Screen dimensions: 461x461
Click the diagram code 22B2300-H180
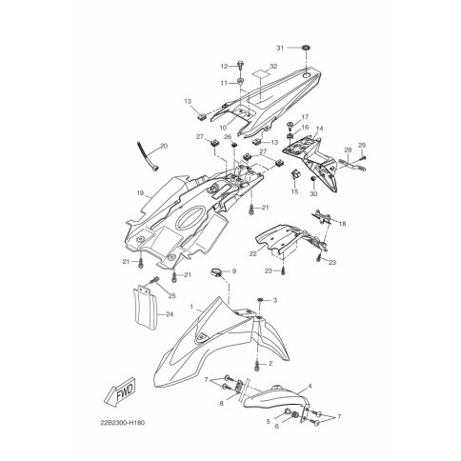pyautogui.click(x=123, y=423)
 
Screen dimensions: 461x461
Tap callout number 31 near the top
pyautogui.click(x=280, y=48)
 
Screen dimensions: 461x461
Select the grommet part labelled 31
pyautogui.click(x=306, y=48)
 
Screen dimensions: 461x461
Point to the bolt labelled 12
pyautogui.click(x=240, y=66)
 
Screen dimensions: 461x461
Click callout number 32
pyautogui.click(x=273, y=67)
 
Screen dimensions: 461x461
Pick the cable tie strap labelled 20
pyautogui.click(x=147, y=157)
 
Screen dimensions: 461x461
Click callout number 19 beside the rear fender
pyautogui.click(x=141, y=192)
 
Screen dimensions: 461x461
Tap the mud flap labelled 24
pyautogui.click(x=145, y=308)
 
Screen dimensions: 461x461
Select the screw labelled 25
pyautogui.click(x=154, y=280)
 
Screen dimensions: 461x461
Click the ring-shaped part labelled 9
pyautogui.click(x=217, y=271)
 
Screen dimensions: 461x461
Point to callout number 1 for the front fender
pyautogui.click(x=191, y=307)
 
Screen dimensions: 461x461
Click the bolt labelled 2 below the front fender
pyautogui.click(x=257, y=366)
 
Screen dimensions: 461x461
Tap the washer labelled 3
pyautogui.click(x=260, y=300)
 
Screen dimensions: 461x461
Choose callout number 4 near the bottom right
pyautogui.click(x=310, y=386)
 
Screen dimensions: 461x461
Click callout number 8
pyautogui.click(x=221, y=403)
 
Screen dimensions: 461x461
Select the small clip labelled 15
pyautogui.click(x=296, y=173)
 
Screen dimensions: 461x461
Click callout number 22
pyautogui.click(x=253, y=254)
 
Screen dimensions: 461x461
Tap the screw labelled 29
pyautogui.click(x=364, y=158)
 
